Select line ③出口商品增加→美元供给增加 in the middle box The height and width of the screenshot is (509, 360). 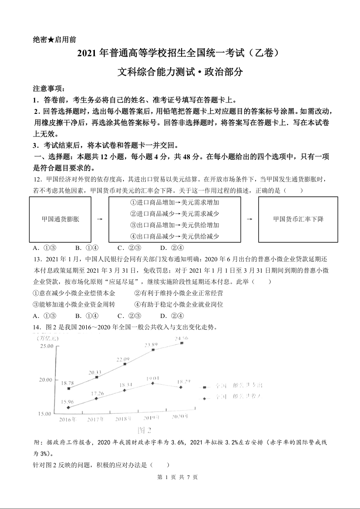175,225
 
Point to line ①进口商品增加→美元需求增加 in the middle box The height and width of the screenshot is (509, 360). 175,202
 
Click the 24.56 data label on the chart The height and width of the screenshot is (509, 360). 182,338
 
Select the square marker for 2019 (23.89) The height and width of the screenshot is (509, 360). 153,350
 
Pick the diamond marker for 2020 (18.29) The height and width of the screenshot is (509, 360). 181,387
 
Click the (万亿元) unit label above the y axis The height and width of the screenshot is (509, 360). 45,338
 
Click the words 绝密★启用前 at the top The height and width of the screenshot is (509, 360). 54,39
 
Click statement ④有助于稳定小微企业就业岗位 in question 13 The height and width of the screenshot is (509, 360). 179,304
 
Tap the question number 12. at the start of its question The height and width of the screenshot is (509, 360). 38,179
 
